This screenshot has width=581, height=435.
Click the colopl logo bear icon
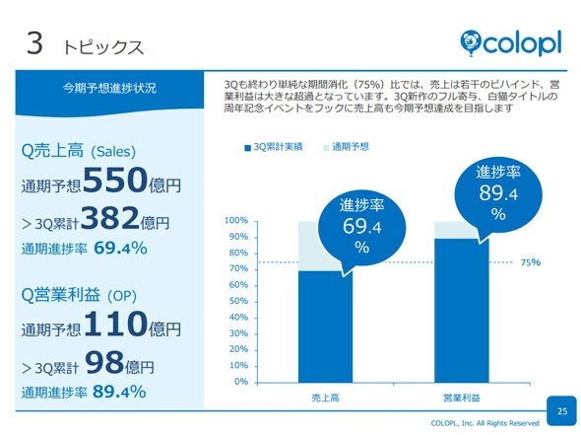(470, 43)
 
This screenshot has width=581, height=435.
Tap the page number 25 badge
(561, 411)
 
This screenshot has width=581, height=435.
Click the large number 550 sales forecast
(115, 180)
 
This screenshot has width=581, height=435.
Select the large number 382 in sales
(110, 217)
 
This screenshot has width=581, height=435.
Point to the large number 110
(116, 324)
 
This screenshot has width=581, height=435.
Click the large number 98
(104, 362)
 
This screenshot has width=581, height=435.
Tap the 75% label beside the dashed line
(530, 262)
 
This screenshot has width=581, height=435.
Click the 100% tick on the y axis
(236, 221)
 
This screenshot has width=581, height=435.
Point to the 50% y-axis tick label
(238, 301)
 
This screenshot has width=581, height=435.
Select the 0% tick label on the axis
(241, 382)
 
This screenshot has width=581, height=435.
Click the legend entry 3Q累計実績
(274, 147)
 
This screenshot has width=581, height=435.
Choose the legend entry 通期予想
(346, 147)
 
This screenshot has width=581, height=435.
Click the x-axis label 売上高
(325, 399)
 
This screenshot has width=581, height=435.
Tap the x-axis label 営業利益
(462, 399)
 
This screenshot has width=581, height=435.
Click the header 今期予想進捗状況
(109, 89)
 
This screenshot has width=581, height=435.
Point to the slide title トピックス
(103, 48)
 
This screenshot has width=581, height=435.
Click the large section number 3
(34, 43)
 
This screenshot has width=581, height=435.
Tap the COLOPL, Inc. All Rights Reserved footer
(485, 423)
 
